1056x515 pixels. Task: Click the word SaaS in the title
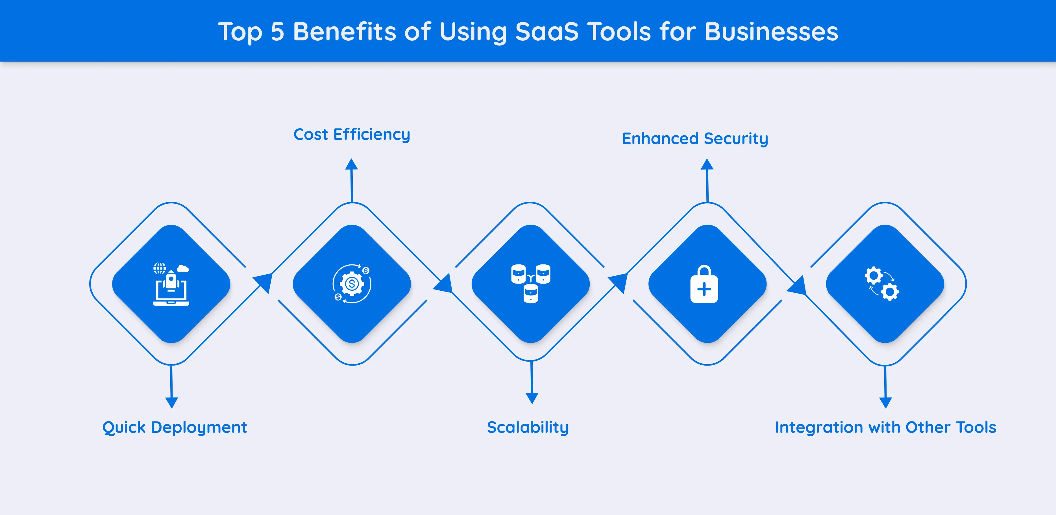click(x=546, y=32)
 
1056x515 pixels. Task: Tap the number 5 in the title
click(x=278, y=32)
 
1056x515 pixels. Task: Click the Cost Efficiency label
click(x=352, y=134)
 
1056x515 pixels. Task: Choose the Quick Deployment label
click(x=175, y=427)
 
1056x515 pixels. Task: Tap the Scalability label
click(x=528, y=427)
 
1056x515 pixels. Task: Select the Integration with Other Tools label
click(x=885, y=427)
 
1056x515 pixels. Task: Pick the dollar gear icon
click(x=352, y=284)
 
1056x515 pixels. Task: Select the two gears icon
click(x=882, y=284)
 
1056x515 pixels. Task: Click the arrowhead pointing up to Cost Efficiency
click(x=351, y=164)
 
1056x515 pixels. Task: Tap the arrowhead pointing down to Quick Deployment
click(x=171, y=402)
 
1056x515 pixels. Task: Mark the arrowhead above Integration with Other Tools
click(x=885, y=402)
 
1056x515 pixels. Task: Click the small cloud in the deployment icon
click(x=183, y=269)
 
